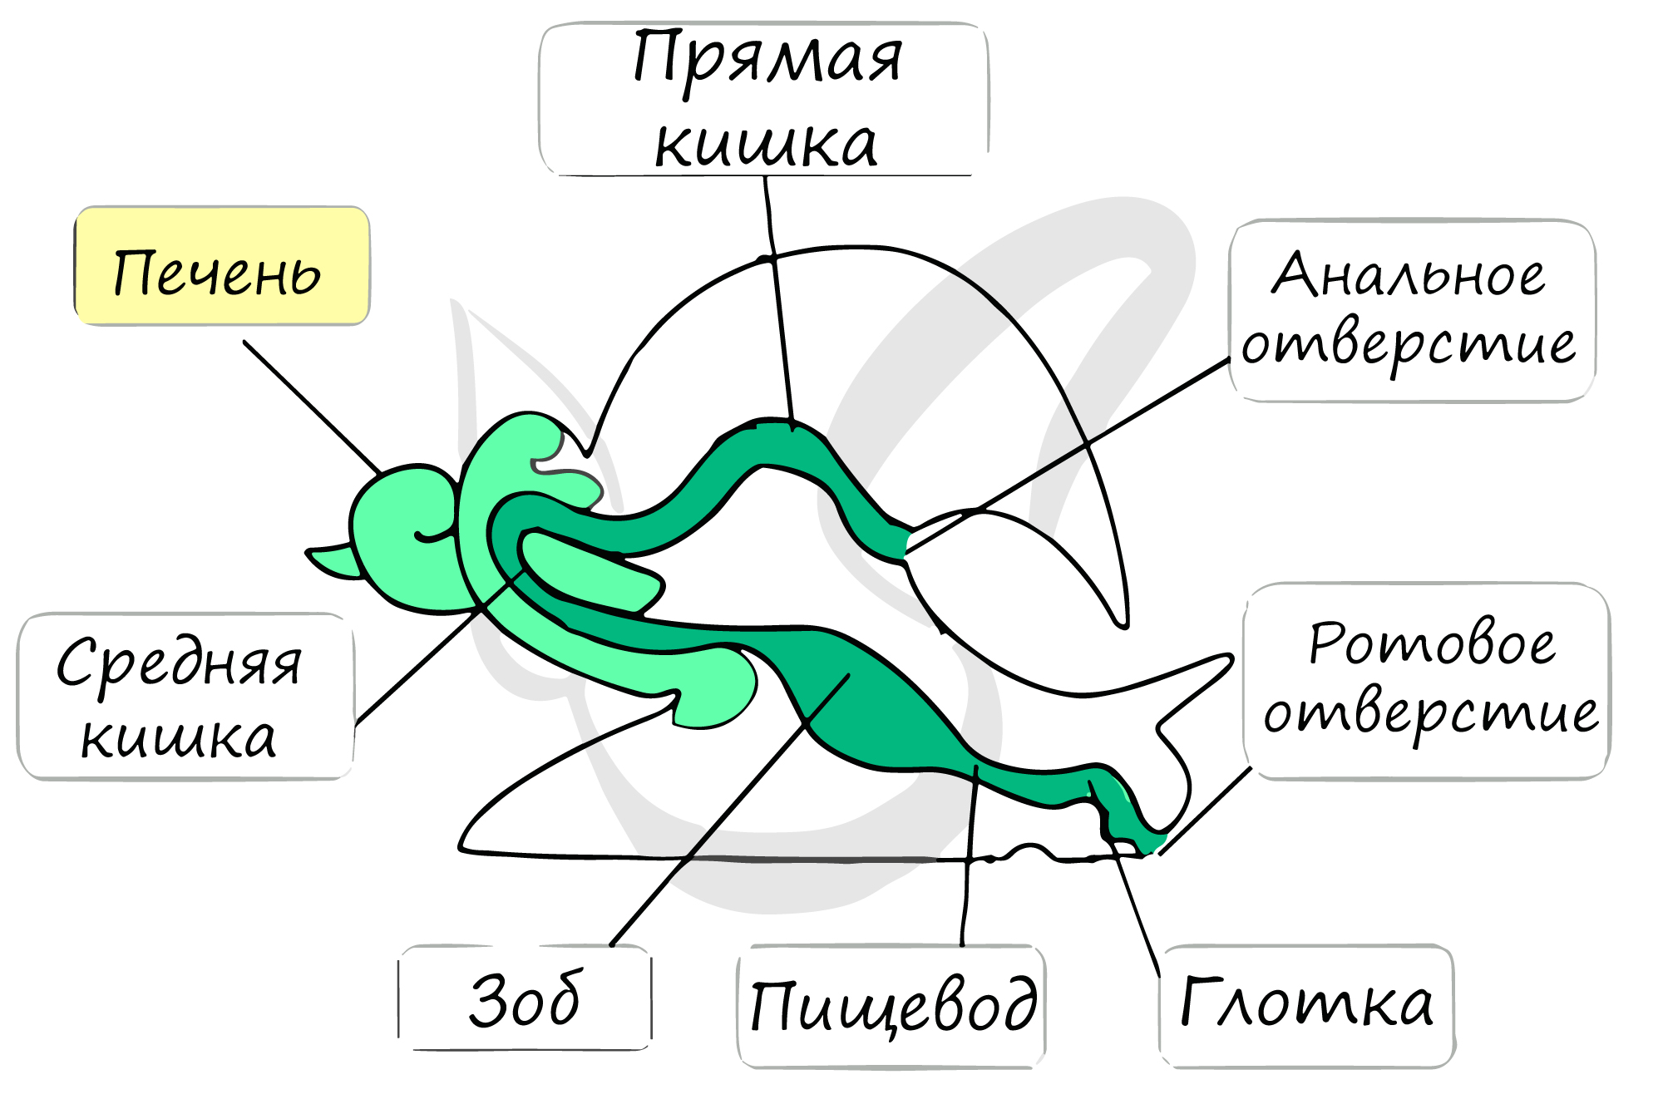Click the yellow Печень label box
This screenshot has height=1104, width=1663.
[x=222, y=266]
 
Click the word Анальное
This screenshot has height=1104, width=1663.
[x=1409, y=274]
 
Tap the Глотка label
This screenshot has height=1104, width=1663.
[x=1306, y=1005]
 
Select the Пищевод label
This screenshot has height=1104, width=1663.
[x=891, y=1006]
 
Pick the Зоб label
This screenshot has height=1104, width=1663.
[x=525, y=998]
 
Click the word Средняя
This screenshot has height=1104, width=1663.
[x=179, y=664]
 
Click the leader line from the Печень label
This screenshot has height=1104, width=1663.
[x=313, y=407]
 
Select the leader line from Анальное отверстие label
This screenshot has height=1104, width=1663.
[x=1068, y=456]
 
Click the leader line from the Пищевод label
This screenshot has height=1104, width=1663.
[x=970, y=856]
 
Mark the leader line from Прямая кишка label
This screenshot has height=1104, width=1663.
[x=779, y=303]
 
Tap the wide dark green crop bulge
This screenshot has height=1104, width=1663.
[x=865, y=698]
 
